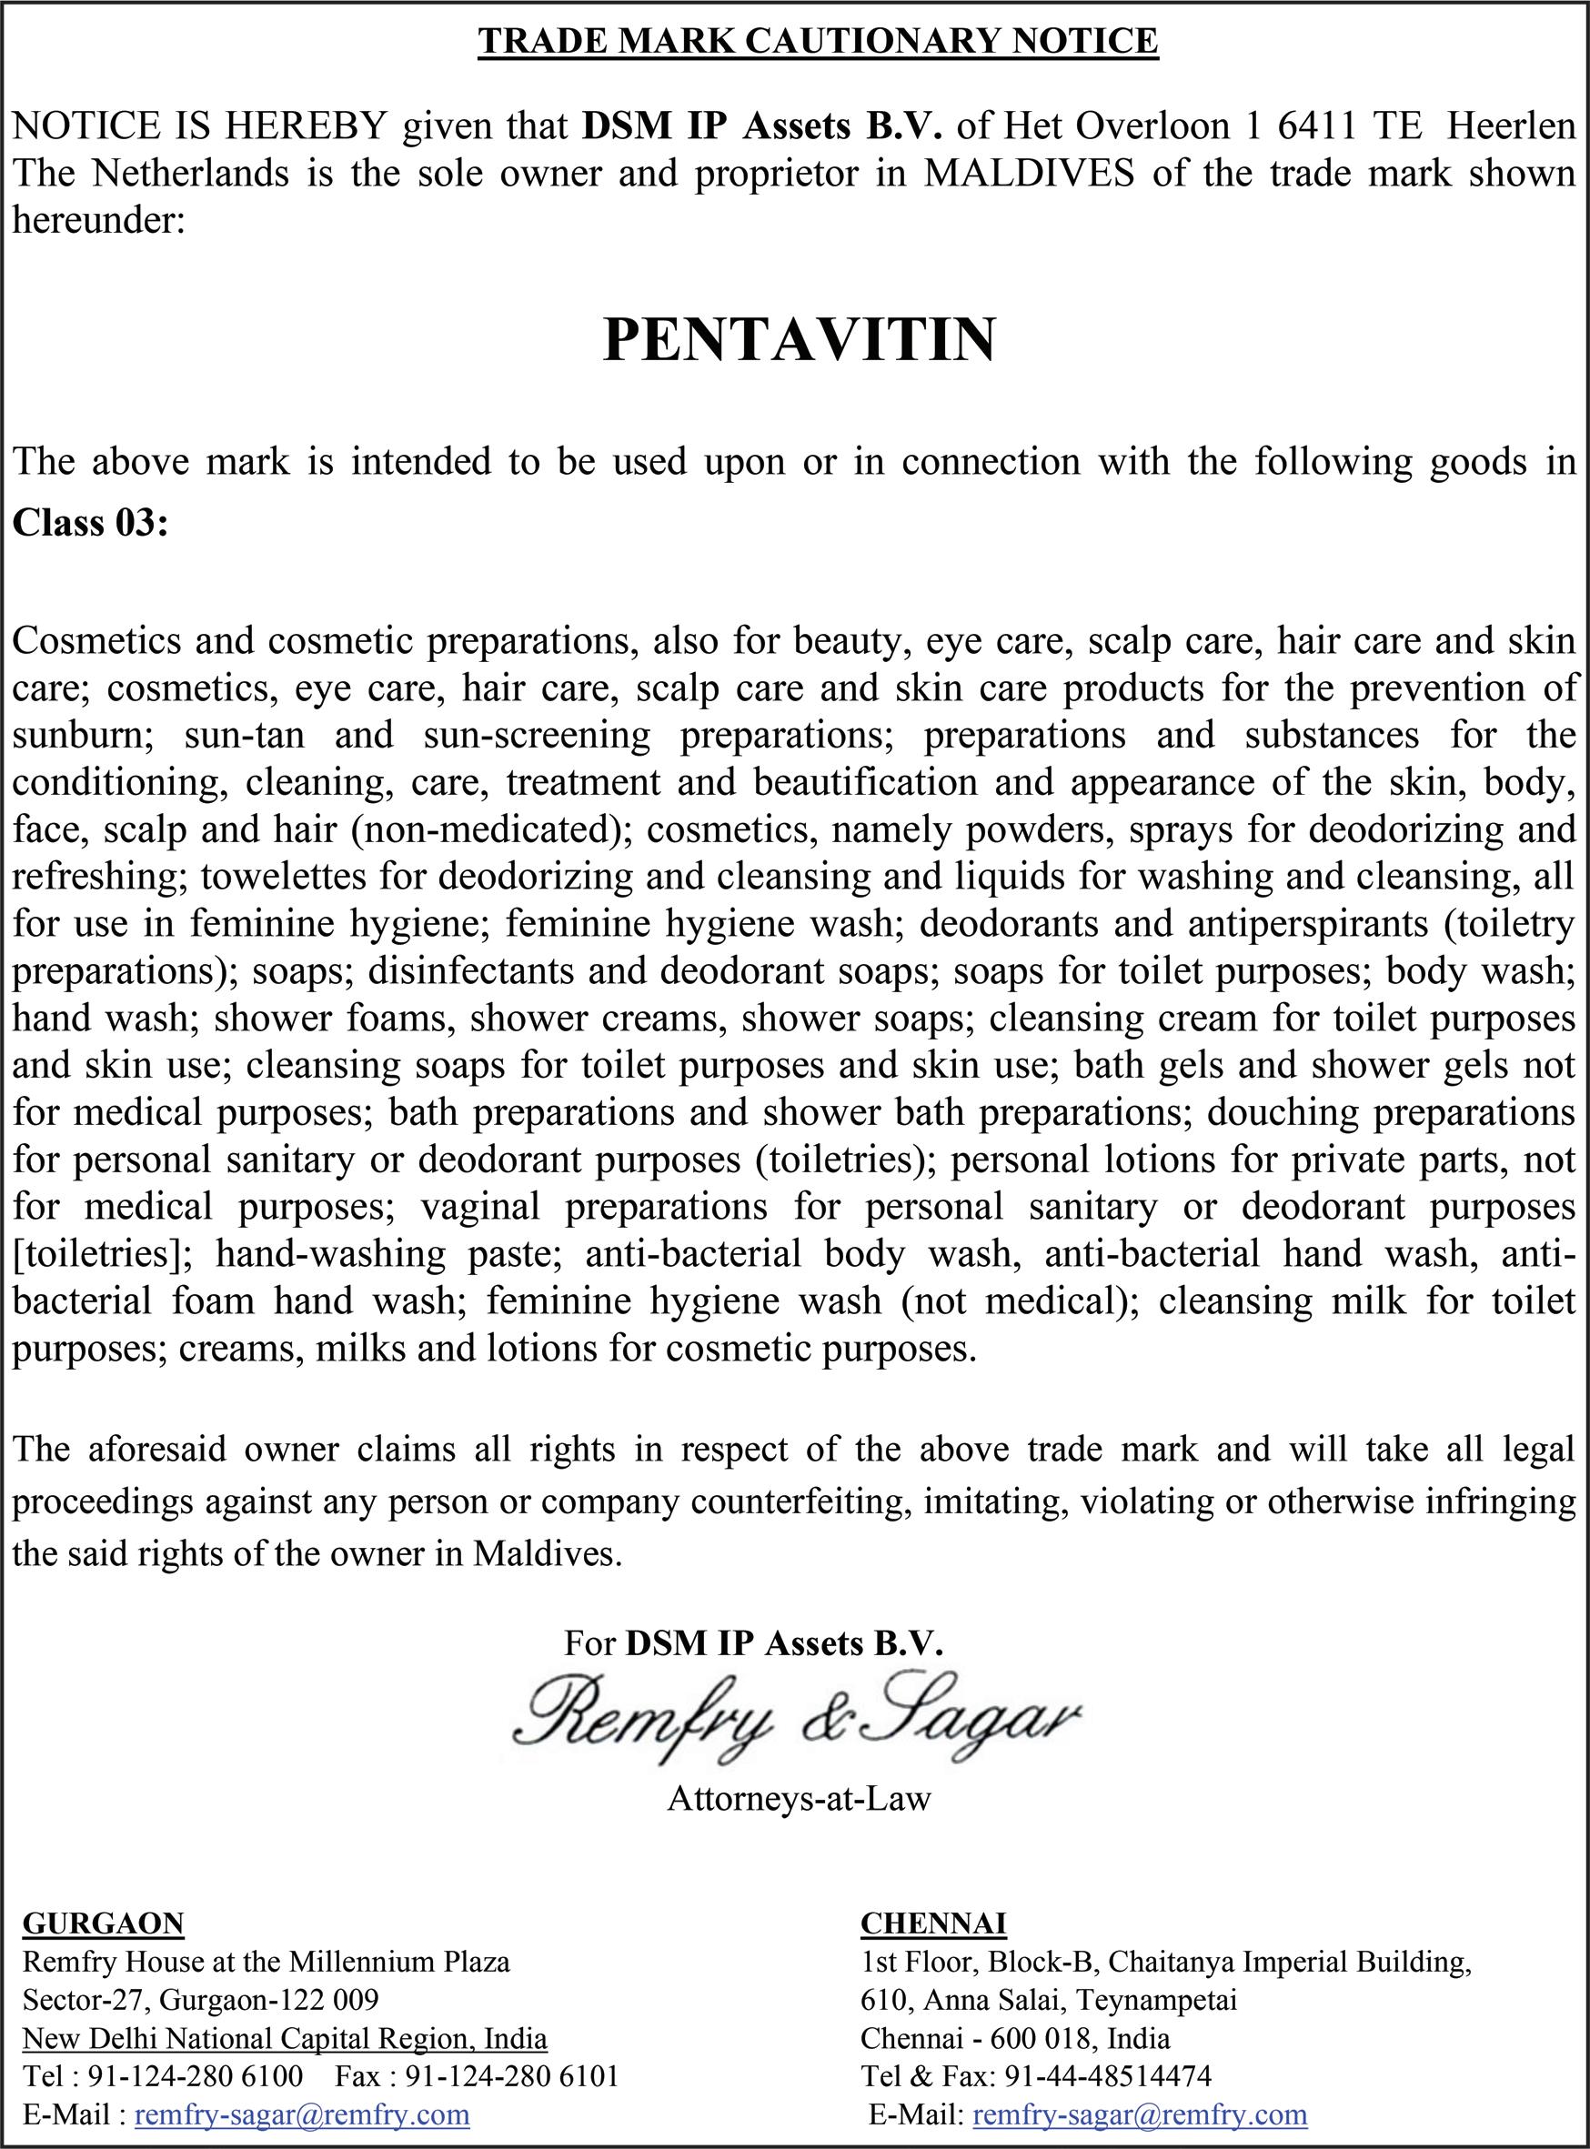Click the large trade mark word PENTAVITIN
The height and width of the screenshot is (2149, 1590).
pyautogui.click(x=799, y=340)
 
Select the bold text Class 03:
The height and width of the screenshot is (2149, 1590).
pyautogui.click(x=90, y=523)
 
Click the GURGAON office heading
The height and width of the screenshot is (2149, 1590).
pyautogui.click(x=103, y=1923)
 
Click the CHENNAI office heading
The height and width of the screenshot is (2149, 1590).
pyautogui.click(x=932, y=1923)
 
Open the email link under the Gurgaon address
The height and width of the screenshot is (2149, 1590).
pyautogui.click(x=302, y=2114)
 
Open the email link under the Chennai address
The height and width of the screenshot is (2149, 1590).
pyautogui.click(x=1140, y=2114)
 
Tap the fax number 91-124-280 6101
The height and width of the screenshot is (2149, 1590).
pyautogui.click(x=511, y=2076)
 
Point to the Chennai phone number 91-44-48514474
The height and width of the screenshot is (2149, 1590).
pyautogui.click(x=1108, y=2076)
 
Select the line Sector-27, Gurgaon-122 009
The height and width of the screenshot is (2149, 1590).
pyautogui.click(x=200, y=2000)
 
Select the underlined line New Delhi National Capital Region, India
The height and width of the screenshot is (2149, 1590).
pyautogui.click(x=285, y=2038)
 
